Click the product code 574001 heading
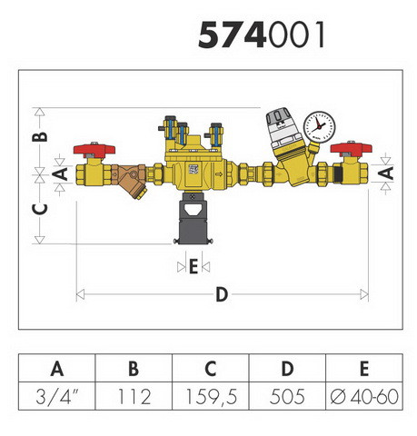point(262,35)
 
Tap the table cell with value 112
point(134,396)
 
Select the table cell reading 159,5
point(211,396)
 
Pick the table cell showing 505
point(287,396)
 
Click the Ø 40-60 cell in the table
point(364,396)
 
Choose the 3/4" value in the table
point(57,396)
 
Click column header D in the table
point(287,369)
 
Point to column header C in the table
point(211,369)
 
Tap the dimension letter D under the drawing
point(222,294)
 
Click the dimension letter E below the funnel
point(194,266)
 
